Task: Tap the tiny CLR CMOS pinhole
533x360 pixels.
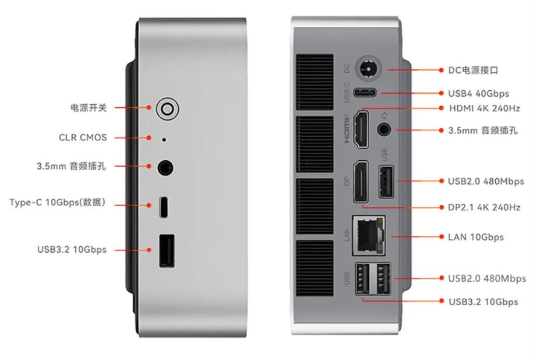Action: coord(164,139)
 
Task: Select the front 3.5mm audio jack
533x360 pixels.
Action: coord(165,168)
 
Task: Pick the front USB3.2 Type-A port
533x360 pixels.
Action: coord(166,250)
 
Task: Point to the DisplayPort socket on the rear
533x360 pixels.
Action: coord(361,182)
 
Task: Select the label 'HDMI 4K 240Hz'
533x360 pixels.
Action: coord(484,108)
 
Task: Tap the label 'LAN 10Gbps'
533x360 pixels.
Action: coord(476,237)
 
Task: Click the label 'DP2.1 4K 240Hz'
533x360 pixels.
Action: coord(484,207)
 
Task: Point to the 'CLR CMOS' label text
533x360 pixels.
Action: coord(83,137)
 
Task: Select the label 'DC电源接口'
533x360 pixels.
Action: coord(473,70)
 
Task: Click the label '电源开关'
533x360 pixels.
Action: coord(89,108)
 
